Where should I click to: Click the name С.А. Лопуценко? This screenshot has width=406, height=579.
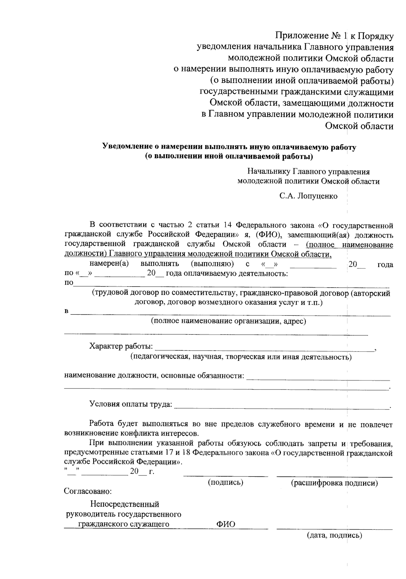point(308,196)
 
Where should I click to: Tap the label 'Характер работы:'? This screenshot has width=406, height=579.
point(121,347)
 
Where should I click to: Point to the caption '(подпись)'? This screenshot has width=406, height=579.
point(226,482)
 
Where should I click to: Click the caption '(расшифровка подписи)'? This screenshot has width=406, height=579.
point(334,483)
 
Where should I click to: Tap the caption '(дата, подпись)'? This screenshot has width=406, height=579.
point(334,535)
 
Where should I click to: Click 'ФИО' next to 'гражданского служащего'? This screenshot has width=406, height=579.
point(226,525)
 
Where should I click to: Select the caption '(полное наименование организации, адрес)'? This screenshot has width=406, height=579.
point(228,321)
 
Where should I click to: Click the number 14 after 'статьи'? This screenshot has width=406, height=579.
point(227,225)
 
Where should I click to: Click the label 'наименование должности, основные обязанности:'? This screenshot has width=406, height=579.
point(154,376)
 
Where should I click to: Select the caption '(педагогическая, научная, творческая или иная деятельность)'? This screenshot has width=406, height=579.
point(241,357)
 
